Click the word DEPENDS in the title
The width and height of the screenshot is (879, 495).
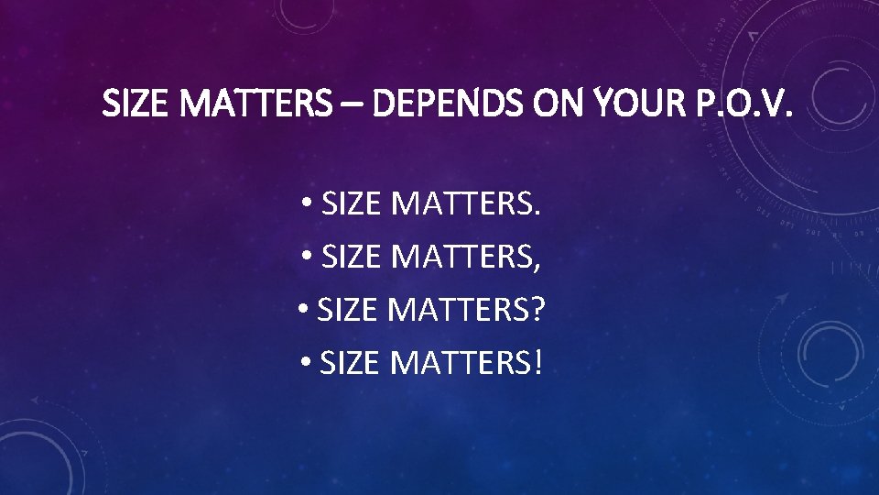tap(445, 106)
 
